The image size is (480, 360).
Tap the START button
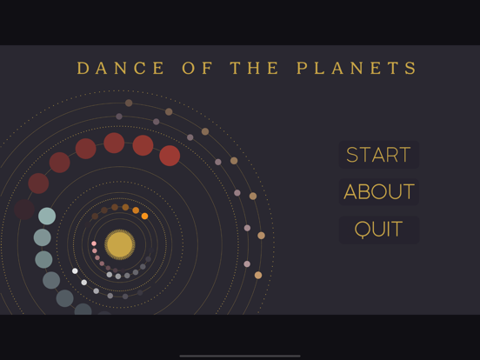click(x=378, y=155)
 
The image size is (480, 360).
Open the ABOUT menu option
click(x=379, y=192)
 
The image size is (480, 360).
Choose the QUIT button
click(x=378, y=230)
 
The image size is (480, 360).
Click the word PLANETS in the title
click(x=357, y=68)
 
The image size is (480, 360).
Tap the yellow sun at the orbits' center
click(x=120, y=244)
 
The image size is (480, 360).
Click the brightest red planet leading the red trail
click(x=170, y=156)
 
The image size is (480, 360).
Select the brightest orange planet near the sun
click(x=144, y=216)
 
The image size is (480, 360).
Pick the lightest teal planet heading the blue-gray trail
click(x=47, y=216)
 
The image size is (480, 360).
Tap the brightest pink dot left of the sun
click(x=94, y=243)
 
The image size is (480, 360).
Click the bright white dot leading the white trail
click(x=75, y=271)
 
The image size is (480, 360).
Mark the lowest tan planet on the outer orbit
click(x=258, y=275)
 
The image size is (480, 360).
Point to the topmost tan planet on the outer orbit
click(x=129, y=103)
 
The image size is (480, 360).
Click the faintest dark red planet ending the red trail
click(x=23, y=209)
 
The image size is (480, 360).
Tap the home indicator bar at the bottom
click(x=240, y=355)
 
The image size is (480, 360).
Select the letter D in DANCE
click(x=83, y=68)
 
